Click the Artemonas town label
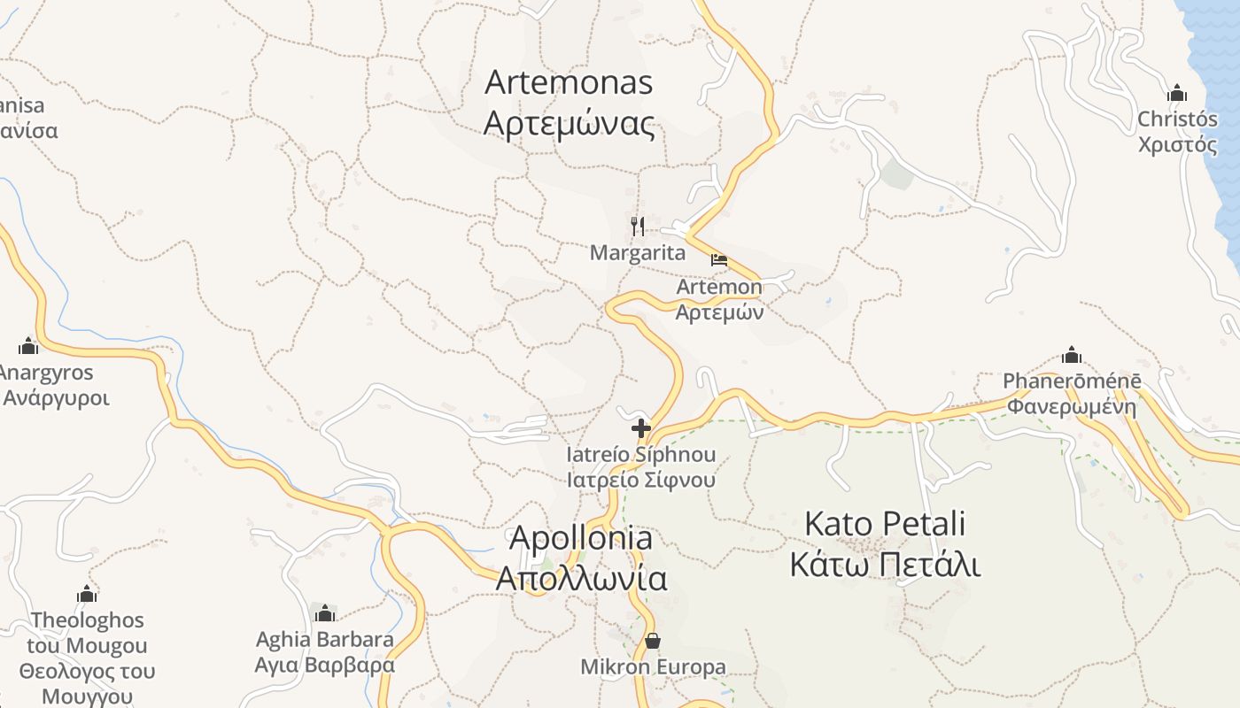(x=569, y=82)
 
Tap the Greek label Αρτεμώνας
(x=569, y=123)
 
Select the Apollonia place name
(x=581, y=537)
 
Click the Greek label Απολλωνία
(x=581, y=578)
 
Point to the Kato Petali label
(x=884, y=523)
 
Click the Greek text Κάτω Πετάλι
(x=884, y=564)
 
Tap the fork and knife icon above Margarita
(x=637, y=226)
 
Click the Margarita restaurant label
(x=638, y=253)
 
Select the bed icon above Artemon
(x=719, y=260)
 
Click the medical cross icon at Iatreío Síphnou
(x=641, y=429)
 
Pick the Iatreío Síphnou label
(x=641, y=455)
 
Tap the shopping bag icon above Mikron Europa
(x=653, y=640)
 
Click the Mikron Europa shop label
(x=653, y=667)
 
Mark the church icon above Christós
(x=1177, y=93)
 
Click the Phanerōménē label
(x=1072, y=381)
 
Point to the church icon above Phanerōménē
(x=1072, y=356)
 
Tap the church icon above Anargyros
(x=28, y=346)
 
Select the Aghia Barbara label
(x=325, y=639)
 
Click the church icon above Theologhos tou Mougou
(x=87, y=594)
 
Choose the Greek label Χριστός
(x=1178, y=145)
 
